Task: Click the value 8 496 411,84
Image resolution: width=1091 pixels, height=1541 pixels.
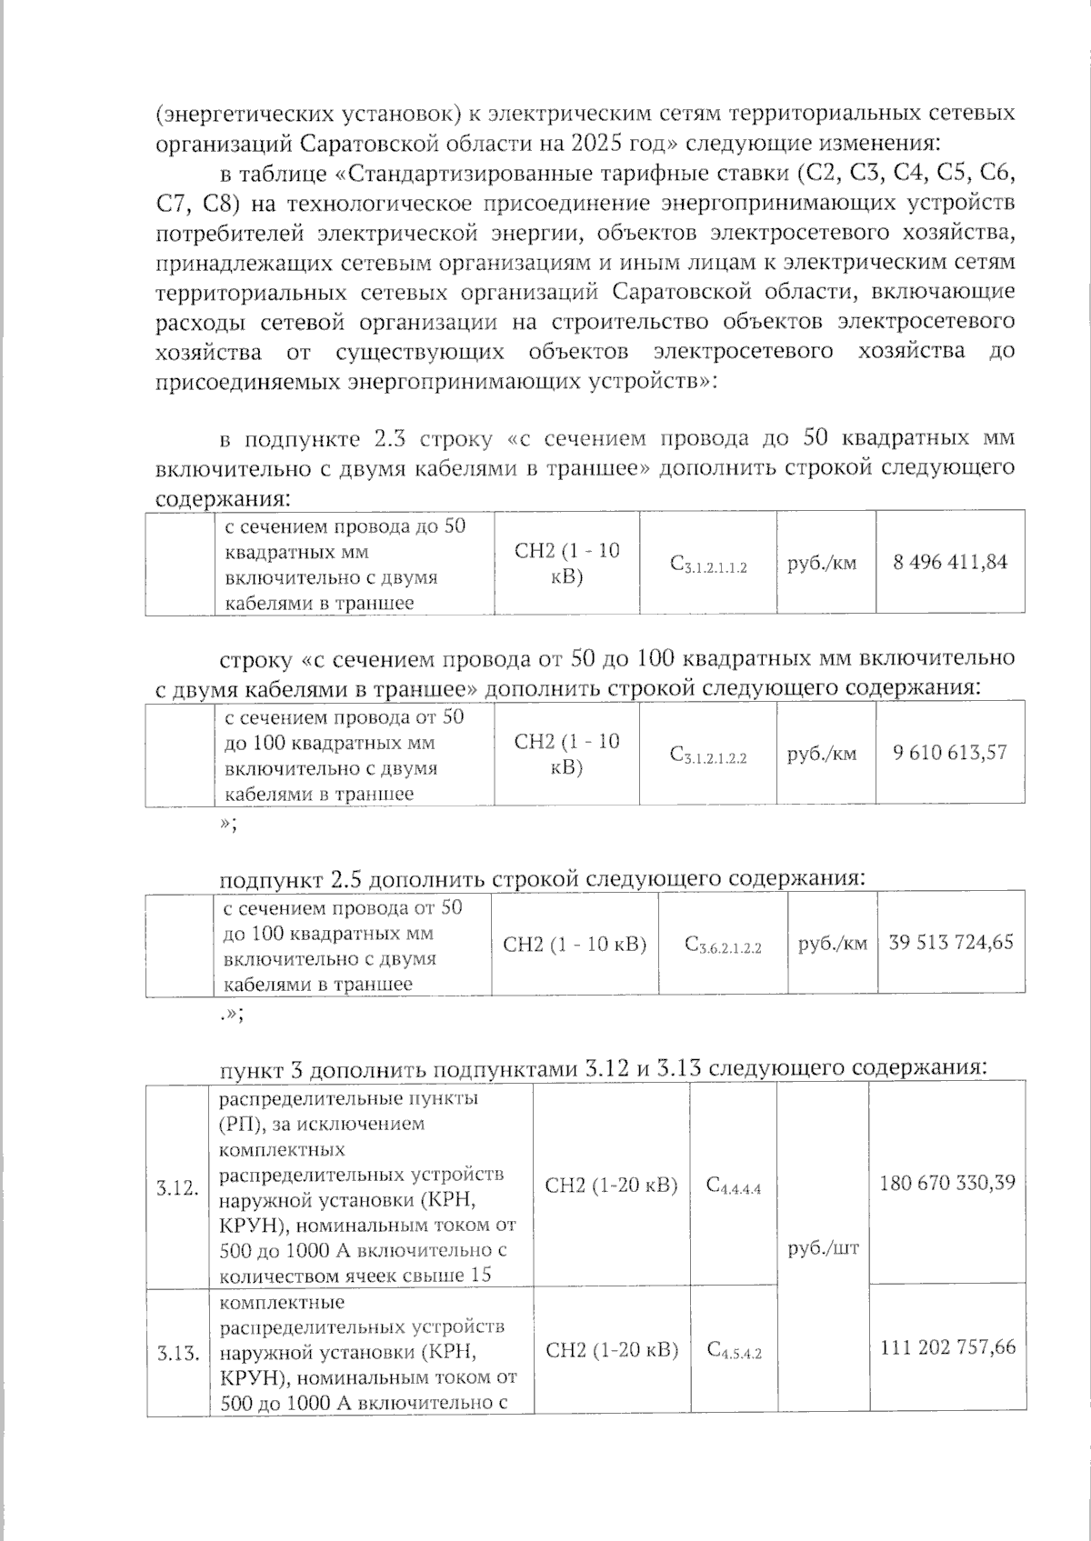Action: click(950, 562)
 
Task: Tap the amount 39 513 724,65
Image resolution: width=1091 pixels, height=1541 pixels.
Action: click(951, 943)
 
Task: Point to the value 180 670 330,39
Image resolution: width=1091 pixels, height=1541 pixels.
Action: click(947, 1183)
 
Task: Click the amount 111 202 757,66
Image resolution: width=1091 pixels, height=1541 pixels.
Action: click(947, 1346)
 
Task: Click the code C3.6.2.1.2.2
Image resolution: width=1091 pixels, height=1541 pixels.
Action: click(723, 946)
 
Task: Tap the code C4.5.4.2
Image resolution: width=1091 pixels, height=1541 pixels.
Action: click(734, 1350)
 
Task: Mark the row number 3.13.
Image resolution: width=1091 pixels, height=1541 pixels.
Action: click(176, 1353)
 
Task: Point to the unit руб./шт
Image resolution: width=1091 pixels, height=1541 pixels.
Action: click(823, 1247)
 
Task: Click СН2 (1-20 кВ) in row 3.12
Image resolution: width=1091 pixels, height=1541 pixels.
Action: click(611, 1185)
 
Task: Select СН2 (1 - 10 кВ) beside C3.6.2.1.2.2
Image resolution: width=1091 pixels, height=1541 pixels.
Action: click(575, 944)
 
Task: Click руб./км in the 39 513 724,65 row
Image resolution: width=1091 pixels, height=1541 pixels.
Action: click(832, 944)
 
